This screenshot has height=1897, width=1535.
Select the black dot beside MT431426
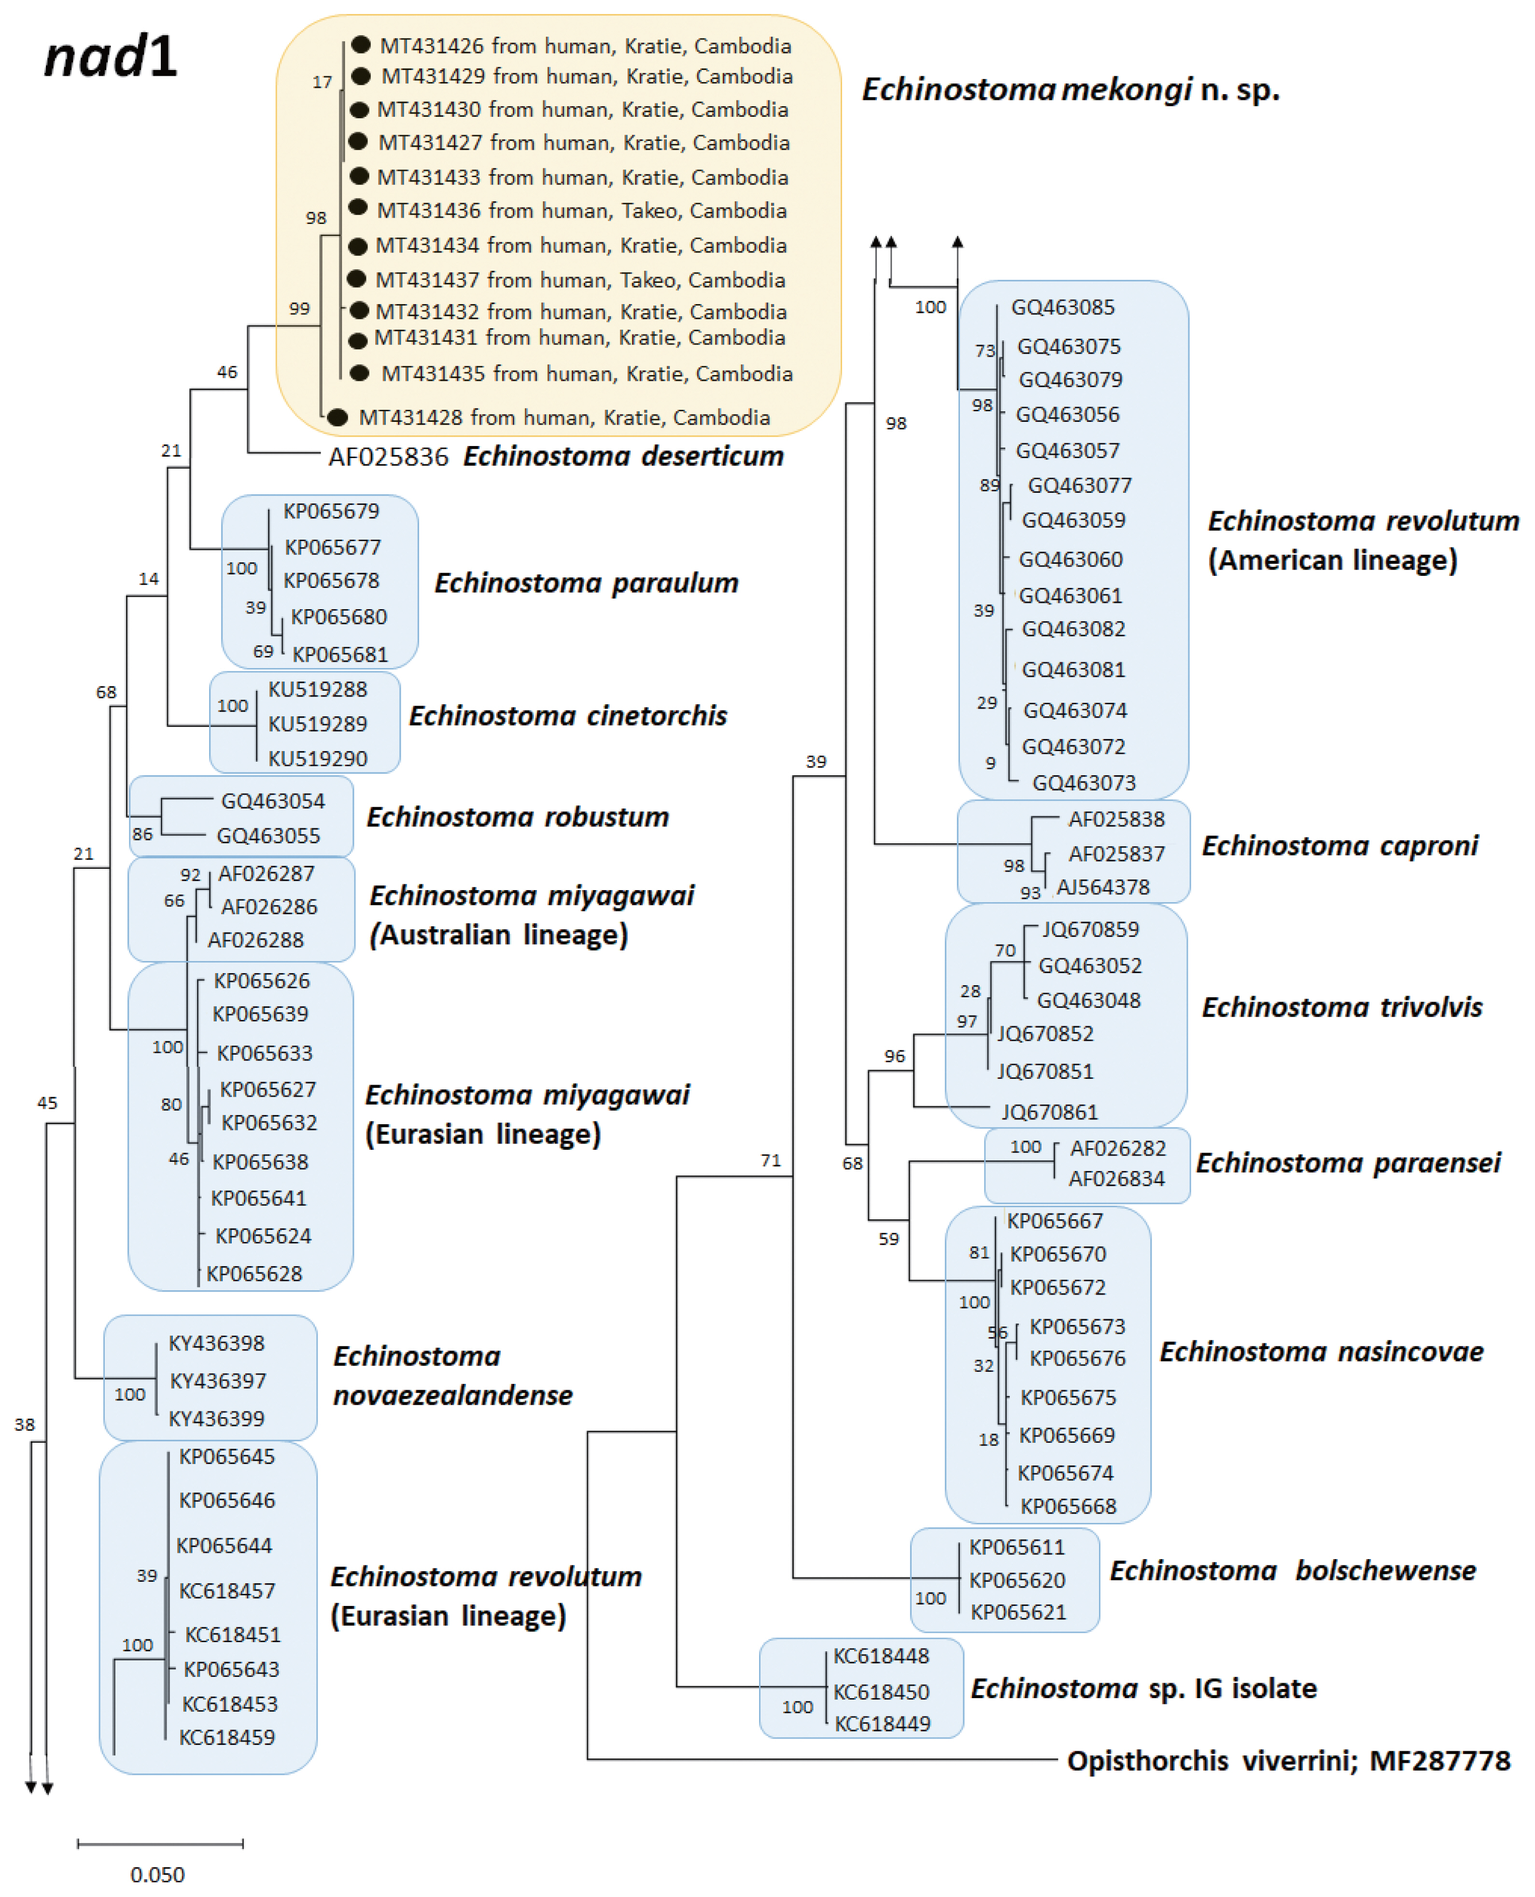click(361, 44)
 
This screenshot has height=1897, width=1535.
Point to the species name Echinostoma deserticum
click(623, 456)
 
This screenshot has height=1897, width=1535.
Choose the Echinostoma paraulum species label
click(586, 584)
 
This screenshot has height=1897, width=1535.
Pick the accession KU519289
click(317, 724)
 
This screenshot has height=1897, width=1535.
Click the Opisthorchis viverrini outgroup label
click(1288, 1761)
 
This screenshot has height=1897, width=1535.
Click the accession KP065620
click(1017, 1580)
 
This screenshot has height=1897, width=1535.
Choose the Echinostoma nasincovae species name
click(1321, 1352)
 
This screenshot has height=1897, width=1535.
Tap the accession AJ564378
click(1103, 887)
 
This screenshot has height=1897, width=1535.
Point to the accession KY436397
click(217, 1381)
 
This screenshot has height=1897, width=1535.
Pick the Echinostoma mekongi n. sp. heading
click(1071, 89)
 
